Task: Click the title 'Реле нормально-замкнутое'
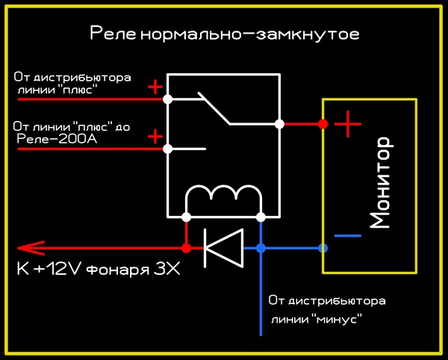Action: pos(225,34)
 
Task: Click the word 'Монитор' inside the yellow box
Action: pos(380,183)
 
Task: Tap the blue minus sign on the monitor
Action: pos(347,236)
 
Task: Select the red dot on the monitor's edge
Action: pos(323,124)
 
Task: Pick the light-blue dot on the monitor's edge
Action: pos(323,248)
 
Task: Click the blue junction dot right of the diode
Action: pos(261,248)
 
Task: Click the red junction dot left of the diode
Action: pos(186,248)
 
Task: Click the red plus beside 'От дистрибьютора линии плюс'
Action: pos(155,87)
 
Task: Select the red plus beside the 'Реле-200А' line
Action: pos(155,137)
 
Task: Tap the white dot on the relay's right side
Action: pos(280,124)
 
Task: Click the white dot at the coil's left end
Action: pos(186,217)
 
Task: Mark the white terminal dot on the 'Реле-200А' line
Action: pos(168,149)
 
